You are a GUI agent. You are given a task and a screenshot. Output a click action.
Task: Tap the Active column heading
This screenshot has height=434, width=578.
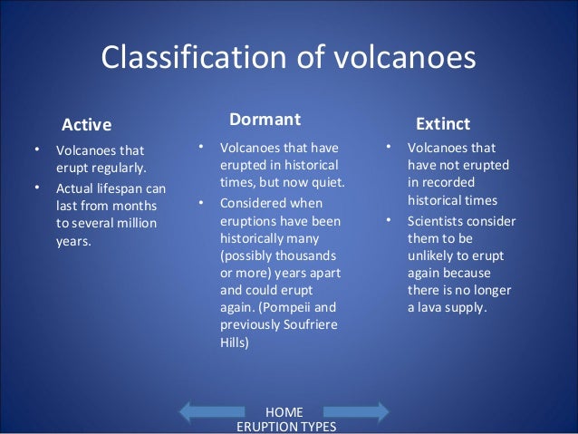coord(85,124)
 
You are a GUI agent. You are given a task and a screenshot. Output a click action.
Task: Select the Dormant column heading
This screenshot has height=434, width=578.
coord(265,120)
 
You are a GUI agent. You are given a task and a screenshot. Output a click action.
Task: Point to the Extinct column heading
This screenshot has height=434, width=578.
coord(442,123)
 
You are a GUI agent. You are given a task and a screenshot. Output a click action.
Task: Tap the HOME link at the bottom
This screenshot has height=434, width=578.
coord(285,412)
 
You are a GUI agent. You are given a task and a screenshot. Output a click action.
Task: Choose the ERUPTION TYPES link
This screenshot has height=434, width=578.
coord(285,427)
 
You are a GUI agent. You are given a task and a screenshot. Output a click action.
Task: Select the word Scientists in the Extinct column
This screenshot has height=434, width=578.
coord(439,220)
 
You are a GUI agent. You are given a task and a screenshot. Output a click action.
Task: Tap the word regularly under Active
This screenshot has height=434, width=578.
coord(116,168)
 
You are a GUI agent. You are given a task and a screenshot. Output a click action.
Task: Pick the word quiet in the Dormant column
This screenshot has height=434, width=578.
coord(326,182)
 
